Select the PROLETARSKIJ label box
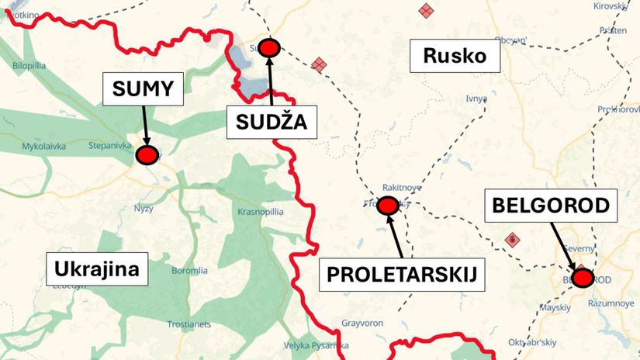point(400,275)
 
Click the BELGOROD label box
point(555,206)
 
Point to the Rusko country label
point(455,55)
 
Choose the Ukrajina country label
point(97,269)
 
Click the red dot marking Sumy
point(147,155)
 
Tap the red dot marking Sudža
point(269,48)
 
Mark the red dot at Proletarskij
point(386,206)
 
